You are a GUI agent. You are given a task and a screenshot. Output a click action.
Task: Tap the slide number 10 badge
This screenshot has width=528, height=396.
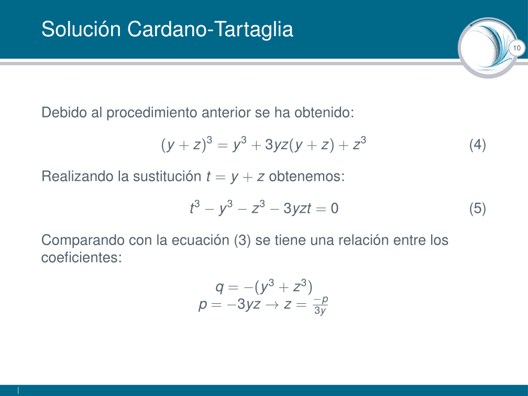pos(516,49)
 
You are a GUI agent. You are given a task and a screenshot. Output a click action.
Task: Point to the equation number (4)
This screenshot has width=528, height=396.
pos(477,145)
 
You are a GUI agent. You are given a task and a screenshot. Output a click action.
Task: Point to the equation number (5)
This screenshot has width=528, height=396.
pos(477,208)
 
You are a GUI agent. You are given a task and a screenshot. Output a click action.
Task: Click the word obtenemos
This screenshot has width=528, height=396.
pos(307,176)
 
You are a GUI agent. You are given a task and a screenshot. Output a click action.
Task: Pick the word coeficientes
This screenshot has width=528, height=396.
pos(81,257)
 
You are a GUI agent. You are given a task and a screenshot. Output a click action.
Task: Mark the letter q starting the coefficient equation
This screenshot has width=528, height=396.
pos(219,288)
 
